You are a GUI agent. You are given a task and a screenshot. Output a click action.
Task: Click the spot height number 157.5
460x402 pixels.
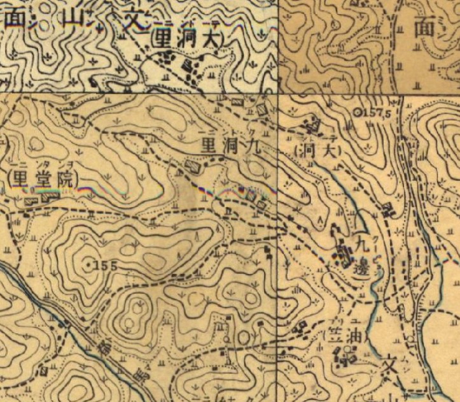pyautogui.click(x=379, y=113)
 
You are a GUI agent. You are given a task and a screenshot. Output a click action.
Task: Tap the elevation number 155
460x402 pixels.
pyautogui.click(x=107, y=266)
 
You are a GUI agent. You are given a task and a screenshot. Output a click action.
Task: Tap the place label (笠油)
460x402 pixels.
pyautogui.click(x=348, y=335)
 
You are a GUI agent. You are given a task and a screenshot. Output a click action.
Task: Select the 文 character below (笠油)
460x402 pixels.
pyautogui.click(x=389, y=369)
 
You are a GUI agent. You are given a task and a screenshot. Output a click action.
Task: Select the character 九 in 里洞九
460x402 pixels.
pyautogui.click(x=249, y=147)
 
